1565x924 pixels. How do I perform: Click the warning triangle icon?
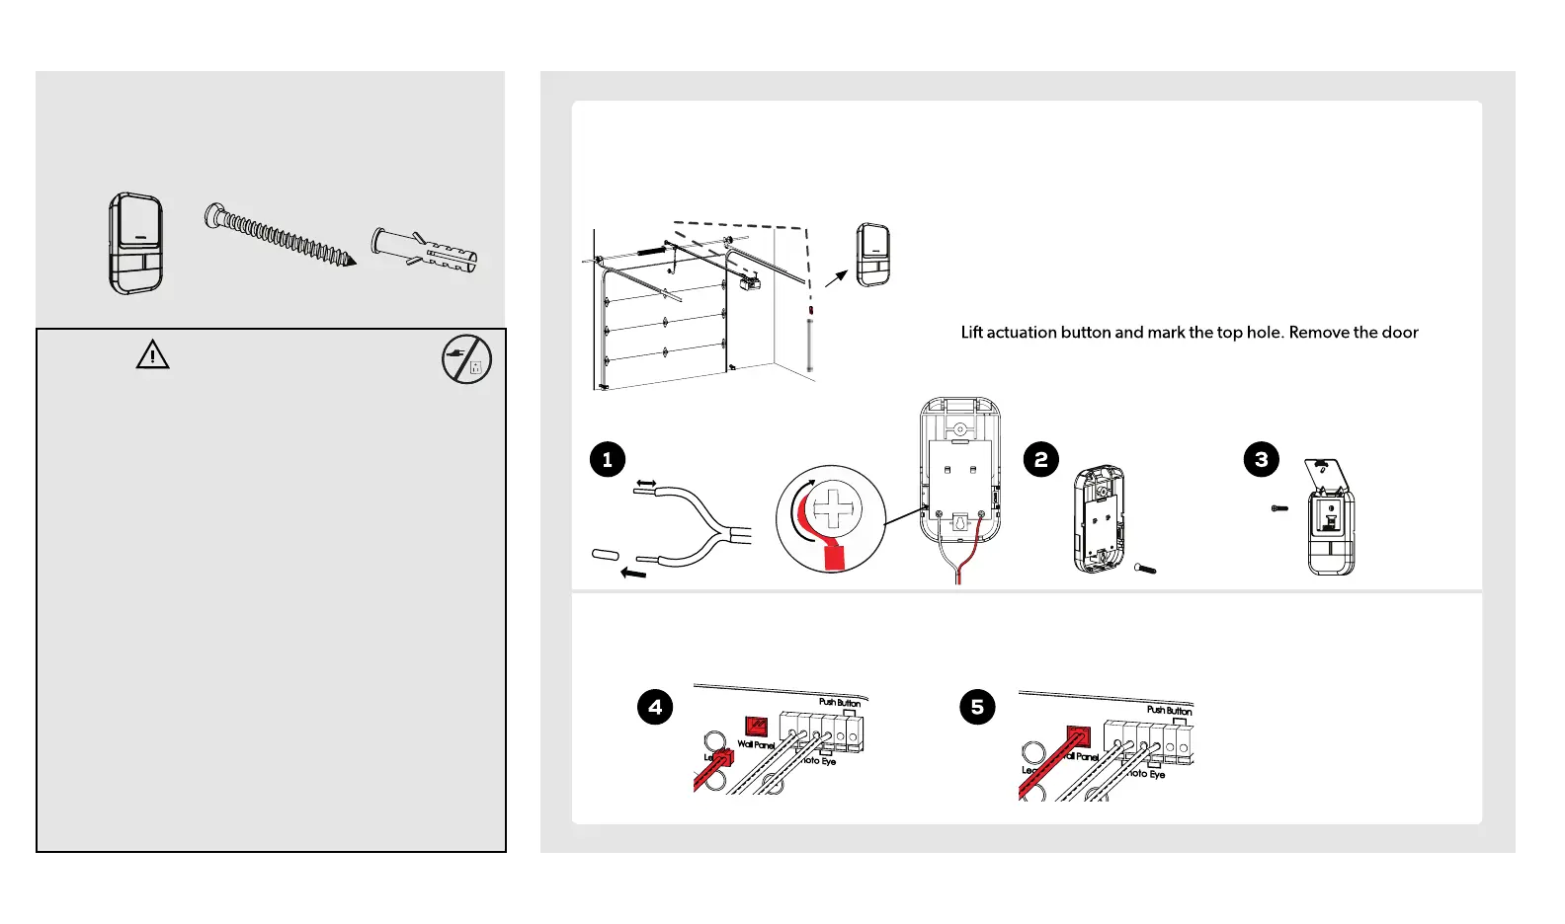tap(152, 354)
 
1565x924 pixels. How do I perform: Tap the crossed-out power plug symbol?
tap(466, 359)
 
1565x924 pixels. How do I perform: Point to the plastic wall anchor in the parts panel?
tap(425, 251)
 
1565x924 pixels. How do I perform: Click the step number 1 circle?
tap(608, 459)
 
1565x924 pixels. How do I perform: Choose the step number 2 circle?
tap(1040, 459)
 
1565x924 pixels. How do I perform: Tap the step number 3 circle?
tap(1261, 459)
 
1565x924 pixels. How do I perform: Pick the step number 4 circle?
tap(655, 707)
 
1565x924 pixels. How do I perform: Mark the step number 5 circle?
tap(977, 707)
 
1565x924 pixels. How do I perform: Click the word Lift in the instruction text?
tap(972, 333)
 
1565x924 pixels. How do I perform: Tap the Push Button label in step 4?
tap(840, 703)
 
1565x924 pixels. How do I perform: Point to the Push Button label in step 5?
tap(1169, 710)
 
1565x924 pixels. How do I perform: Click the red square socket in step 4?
tap(756, 727)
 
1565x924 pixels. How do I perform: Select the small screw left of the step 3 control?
tap(1279, 508)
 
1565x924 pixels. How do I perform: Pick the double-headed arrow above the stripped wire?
tap(646, 484)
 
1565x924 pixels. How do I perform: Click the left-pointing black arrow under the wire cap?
tap(632, 573)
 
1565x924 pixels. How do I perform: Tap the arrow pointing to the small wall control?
tap(836, 278)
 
